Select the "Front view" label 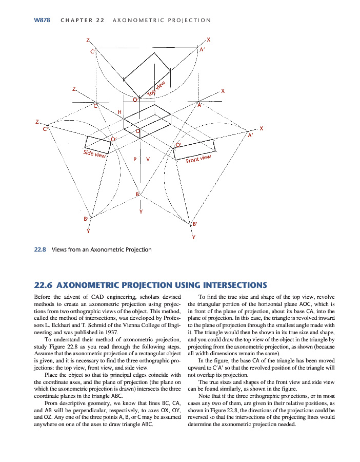click(x=198, y=159)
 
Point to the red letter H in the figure click(x=119, y=111)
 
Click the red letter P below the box click(x=135, y=159)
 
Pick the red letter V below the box click(x=148, y=159)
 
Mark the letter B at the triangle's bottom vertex click(x=137, y=193)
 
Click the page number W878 click(x=41, y=20)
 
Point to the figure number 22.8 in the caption click(x=40, y=249)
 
